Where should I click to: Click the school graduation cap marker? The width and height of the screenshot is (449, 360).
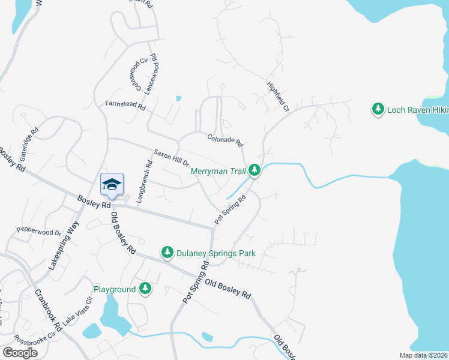[112, 184]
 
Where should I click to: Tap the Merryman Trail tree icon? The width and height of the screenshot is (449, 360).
[255, 171]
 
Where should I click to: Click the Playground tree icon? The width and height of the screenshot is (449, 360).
[145, 289]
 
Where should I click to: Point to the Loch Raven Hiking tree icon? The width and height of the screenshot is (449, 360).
[378, 110]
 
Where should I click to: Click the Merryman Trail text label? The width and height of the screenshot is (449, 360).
[218, 171]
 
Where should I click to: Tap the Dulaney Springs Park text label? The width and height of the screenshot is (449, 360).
[216, 253]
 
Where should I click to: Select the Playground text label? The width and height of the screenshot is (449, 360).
[115, 289]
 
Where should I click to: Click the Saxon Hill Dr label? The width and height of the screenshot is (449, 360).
[171, 158]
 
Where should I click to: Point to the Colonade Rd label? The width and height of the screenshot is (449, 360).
[224, 140]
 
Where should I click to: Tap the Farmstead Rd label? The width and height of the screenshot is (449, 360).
[125, 106]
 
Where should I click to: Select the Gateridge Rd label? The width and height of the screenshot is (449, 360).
[29, 139]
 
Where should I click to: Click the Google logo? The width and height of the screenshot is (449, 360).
[20, 353]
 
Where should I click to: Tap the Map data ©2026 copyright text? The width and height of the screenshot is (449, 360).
[423, 355]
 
